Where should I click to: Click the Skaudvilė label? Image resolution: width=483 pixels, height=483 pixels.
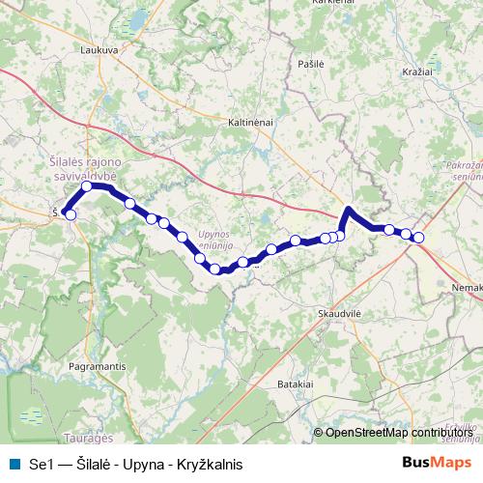click(x=339, y=314)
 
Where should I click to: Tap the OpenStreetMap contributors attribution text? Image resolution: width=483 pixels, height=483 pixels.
click(x=398, y=434)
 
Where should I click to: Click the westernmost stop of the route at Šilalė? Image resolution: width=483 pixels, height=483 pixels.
click(x=70, y=214)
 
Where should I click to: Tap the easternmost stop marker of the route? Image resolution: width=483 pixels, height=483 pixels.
click(x=418, y=237)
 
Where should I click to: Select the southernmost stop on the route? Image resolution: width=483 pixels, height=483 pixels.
click(x=215, y=270)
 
